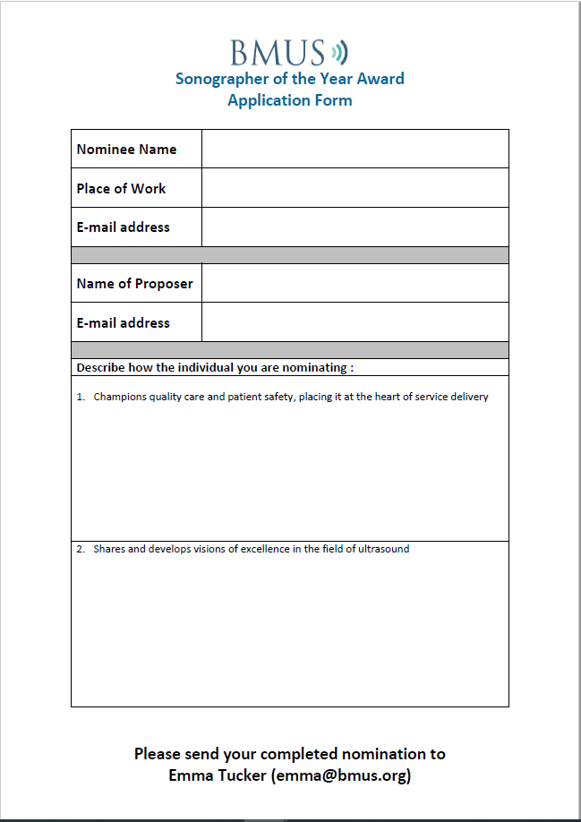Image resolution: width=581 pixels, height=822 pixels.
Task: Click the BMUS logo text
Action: click(277, 52)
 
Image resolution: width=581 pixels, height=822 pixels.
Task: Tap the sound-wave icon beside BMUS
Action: click(338, 51)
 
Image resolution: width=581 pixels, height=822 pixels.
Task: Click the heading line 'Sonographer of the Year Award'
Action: click(289, 79)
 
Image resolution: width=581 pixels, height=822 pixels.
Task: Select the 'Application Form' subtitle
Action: click(289, 100)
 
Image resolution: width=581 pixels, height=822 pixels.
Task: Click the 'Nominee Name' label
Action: click(126, 150)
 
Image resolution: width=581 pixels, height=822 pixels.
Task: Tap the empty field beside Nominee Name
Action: click(355, 149)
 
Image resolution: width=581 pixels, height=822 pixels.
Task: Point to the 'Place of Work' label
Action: click(121, 189)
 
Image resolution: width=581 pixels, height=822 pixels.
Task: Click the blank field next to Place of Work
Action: click(355, 188)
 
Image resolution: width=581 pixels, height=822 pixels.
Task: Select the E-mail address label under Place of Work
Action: click(123, 227)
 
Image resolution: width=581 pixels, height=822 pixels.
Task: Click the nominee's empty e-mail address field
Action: click(355, 227)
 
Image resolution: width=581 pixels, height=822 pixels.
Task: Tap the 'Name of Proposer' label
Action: click(134, 284)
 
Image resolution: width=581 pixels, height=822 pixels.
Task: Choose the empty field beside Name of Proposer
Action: click(355, 283)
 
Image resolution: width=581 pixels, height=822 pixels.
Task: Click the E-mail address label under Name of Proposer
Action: click(123, 323)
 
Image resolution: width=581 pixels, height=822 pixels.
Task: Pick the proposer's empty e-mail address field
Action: click(355, 322)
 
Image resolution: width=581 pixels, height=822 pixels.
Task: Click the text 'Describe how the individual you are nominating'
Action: click(215, 368)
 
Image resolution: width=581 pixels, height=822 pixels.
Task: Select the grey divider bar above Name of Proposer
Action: click(289, 255)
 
